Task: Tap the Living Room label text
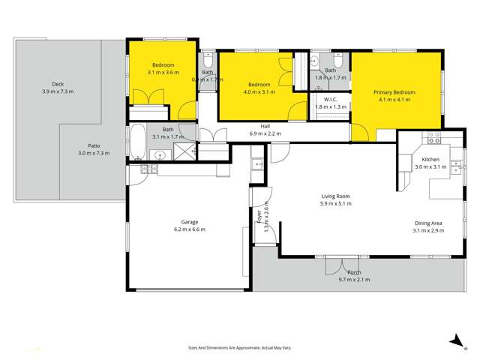pyautogui.click(x=335, y=196)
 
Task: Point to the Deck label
pyautogui.click(x=58, y=84)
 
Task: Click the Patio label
pyautogui.click(x=94, y=146)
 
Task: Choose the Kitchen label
pyautogui.click(x=430, y=160)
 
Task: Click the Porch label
pyautogui.click(x=354, y=272)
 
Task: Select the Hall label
pyautogui.click(x=265, y=126)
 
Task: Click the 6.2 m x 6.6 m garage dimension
pyautogui.click(x=188, y=229)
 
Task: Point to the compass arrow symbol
pyautogui.click(x=454, y=340)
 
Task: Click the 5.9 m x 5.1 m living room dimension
pyautogui.click(x=335, y=203)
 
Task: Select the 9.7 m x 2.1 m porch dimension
pyautogui.click(x=354, y=279)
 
